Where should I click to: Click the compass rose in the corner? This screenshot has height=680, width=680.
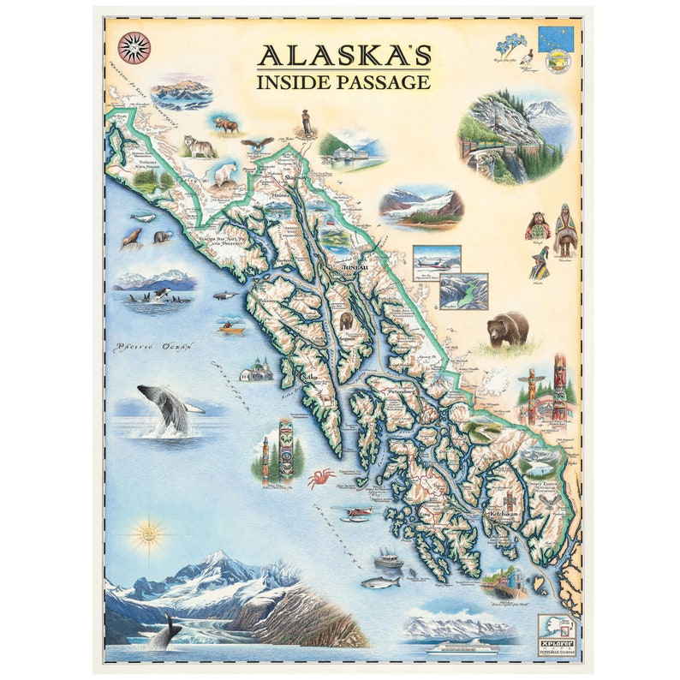pyautogui.click(x=134, y=47)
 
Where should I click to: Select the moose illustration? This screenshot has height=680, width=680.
pyautogui.click(x=227, y=125)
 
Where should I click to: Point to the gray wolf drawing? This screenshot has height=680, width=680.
pyautogui.click(x=199, y=147)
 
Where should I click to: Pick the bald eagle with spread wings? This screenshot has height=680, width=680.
pyautogui.click(x=257, y=143)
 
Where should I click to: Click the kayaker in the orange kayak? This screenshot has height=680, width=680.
pyautogui.click(x=231, y=326)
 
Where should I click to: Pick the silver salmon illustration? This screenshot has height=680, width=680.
pyautogui.click(x=380, y=582)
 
